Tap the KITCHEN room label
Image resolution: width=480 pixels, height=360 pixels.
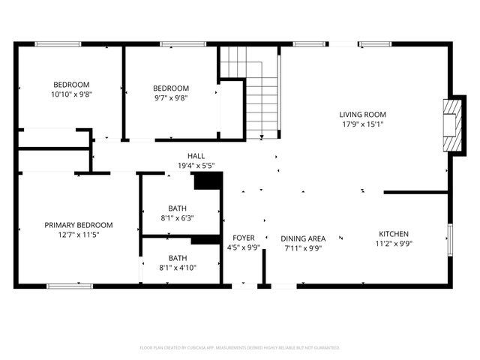[394, 233]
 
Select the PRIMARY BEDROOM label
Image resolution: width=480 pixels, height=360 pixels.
[79, 225]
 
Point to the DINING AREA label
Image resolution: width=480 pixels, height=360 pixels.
[303, 238]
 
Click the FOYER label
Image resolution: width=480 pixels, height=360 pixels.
[244, 238]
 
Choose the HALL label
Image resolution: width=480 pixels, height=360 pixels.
[196, 156]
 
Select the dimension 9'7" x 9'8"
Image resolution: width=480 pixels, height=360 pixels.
[171, 97]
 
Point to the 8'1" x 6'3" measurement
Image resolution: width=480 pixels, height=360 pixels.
[178, 218]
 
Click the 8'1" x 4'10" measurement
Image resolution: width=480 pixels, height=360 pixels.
[178, 267]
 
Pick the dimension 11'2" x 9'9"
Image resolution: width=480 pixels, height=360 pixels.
[394, 243]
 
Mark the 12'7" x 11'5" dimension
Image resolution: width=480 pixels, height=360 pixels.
[79, 235]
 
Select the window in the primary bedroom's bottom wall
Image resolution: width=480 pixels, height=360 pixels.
[70, 286]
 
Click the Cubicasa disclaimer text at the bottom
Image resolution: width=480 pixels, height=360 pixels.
[240, 348]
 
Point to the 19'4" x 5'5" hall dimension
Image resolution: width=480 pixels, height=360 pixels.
[196, 166]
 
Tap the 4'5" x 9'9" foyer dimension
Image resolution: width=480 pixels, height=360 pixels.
[244, 247]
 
